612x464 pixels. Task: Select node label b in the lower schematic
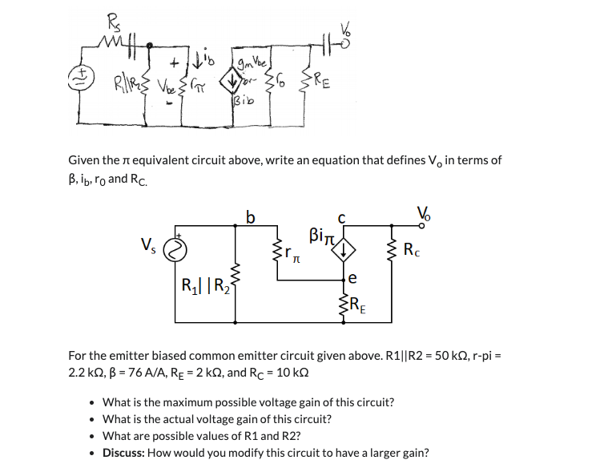[x=251, y=217]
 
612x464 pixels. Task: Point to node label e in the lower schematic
[x=352, y=280]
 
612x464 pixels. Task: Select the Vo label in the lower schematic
[x=423, y=214]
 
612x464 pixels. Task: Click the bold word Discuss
[x=126, y=452]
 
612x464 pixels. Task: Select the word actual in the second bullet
[x=179, y=418]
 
